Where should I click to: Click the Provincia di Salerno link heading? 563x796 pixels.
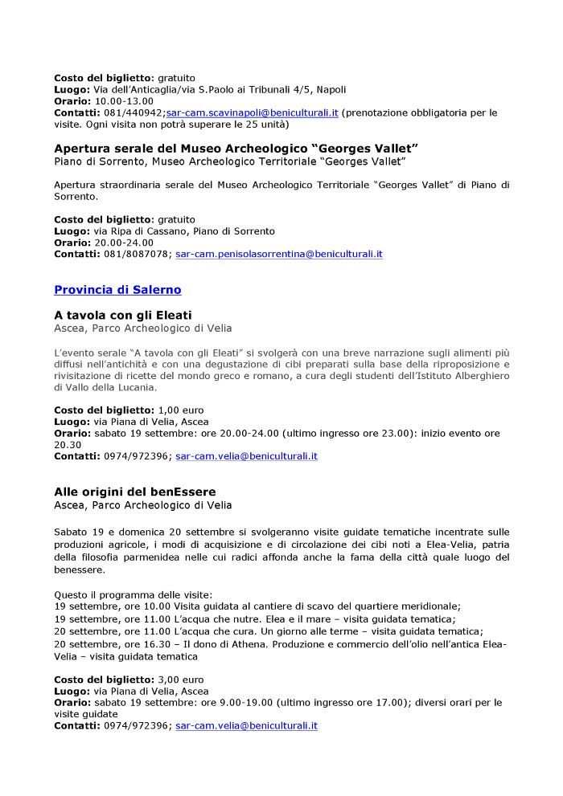click(x=117, y=289)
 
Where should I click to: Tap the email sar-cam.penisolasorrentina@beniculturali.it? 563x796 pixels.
click(x=278, y=253)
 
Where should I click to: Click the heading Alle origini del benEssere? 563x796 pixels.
click(x=135, y=491)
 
